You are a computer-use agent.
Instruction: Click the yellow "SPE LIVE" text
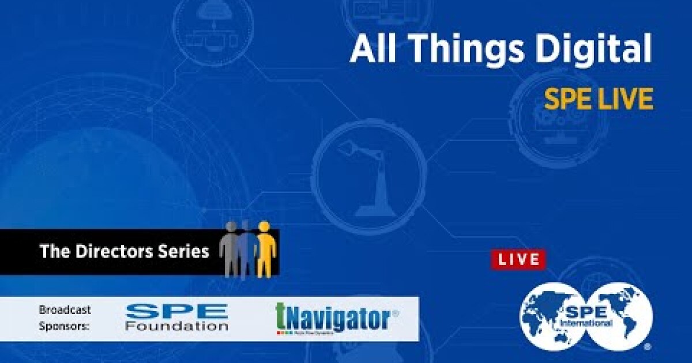coord(599,100)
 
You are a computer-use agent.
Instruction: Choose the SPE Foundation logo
coord(176,317)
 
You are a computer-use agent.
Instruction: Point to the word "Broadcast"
coord(65,310)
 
